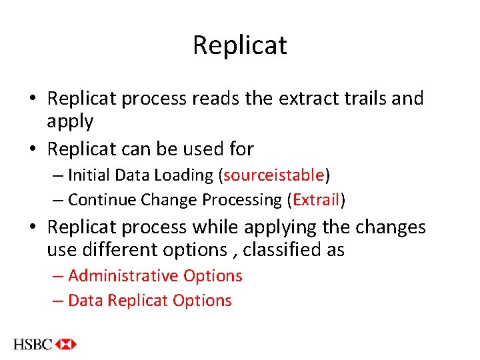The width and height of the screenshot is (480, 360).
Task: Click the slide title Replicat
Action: [240, 45]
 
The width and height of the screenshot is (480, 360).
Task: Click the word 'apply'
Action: [70, 122]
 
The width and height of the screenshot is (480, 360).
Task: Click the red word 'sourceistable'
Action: [274, 175]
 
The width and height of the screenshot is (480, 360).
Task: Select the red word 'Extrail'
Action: [317, 200]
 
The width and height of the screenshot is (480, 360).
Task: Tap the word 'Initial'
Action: [90, 175]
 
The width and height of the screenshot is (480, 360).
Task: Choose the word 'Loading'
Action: [181, 175]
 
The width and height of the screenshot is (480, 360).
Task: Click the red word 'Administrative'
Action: [123, 276]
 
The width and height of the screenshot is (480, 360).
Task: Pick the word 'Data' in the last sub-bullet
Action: [85, 301]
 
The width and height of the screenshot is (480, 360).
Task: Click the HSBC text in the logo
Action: [33, 345]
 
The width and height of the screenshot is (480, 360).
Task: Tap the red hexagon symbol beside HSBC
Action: [67, 345]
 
